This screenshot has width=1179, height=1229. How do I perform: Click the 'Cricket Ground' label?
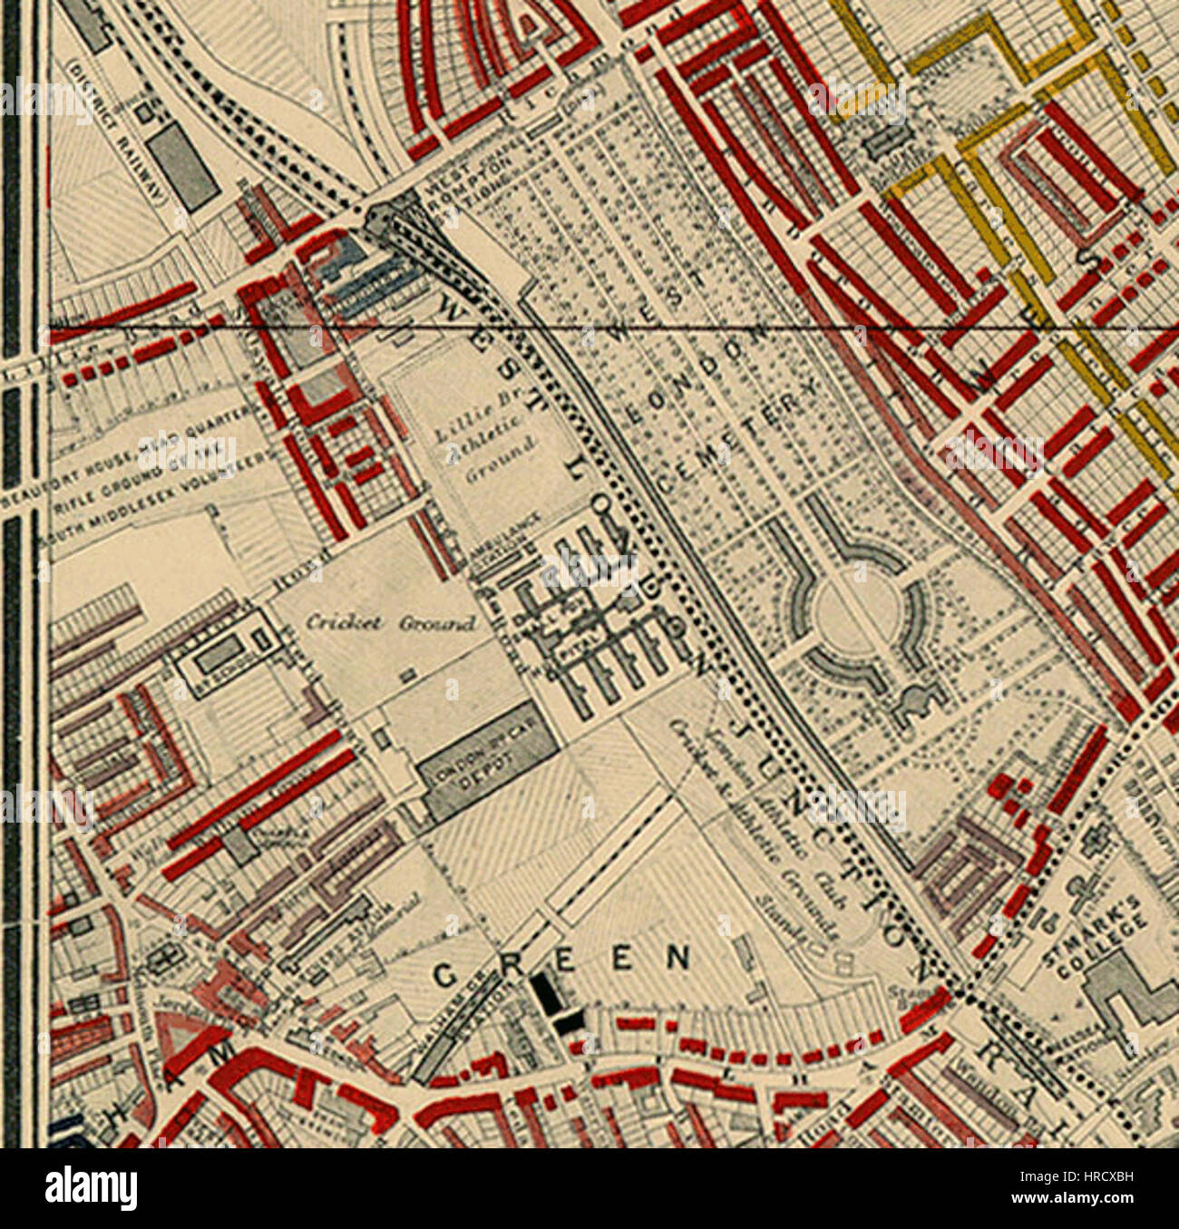click(390, 623)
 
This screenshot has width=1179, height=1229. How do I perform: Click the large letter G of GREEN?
click(445, 974)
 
